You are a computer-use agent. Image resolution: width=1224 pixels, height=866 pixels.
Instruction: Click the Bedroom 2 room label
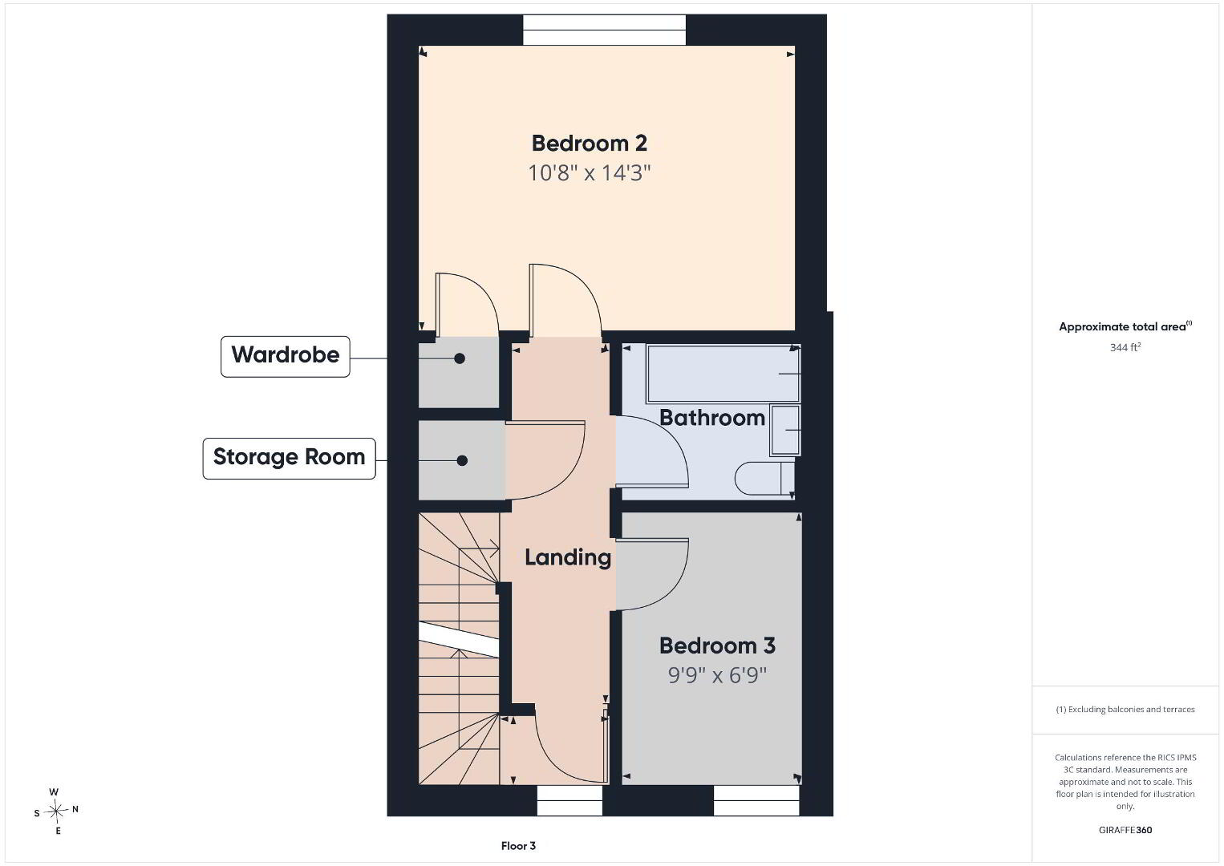(589, 144)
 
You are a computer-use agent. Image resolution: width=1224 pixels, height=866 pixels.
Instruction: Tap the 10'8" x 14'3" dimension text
(589, 173)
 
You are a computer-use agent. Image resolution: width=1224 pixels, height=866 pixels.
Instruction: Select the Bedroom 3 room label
(717, 645)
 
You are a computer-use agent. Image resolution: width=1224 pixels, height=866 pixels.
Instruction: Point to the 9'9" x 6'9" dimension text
(717, 675)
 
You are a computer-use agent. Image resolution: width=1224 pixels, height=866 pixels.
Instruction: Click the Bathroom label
(712, 418)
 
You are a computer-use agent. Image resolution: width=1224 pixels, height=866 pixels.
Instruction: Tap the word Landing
(568, 558)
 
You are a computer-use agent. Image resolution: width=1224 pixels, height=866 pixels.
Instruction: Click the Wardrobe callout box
(286, 356)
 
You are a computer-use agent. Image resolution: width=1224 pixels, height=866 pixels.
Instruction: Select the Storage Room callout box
(289, 459)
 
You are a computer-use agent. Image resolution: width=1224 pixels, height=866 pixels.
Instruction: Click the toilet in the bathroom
(764, 479)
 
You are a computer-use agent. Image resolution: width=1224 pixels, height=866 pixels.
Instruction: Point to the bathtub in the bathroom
(723, 374)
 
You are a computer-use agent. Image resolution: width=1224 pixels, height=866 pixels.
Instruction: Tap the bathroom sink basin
(785, 430)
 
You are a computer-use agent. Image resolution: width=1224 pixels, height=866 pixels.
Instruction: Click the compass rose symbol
(55, 811)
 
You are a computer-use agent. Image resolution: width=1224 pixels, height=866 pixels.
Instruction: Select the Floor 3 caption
(518, 846)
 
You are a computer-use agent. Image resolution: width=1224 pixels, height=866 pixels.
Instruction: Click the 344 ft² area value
(1125, 347)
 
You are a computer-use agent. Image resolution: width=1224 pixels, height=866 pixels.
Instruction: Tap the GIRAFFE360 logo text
(1125, 830)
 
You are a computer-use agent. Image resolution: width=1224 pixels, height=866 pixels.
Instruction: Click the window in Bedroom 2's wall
(604, 30)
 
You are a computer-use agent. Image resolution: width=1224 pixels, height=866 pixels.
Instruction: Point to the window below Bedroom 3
(756, 800)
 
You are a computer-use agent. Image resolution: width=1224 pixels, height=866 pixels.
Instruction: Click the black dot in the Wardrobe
(460, 358)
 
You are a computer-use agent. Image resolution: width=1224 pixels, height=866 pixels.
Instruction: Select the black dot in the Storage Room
(462, 460)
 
